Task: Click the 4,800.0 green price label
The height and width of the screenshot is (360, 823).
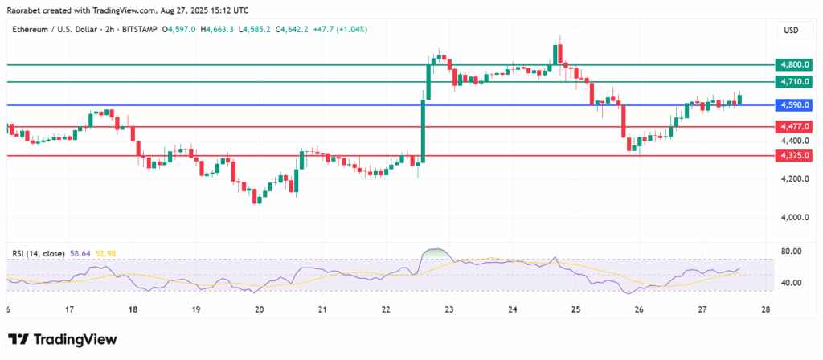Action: click(794, 65)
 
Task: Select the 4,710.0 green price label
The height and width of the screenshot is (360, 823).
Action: click(794, 81)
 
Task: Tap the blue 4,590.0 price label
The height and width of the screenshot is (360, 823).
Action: click(794, 105)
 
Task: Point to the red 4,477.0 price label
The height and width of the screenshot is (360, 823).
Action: click(794, 126)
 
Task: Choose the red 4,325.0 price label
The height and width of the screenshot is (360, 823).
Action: click(794, 155)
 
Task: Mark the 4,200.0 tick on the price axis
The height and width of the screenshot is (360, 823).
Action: click(794, 179)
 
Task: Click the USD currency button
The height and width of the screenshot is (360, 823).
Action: click(791, 31)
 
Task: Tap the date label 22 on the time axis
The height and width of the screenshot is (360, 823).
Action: click(386, 309)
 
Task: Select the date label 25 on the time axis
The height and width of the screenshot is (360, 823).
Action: click(575, 309)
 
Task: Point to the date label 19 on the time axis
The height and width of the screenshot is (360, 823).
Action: click(196, 309)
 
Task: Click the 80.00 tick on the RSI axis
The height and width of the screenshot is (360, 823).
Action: click(791, 251)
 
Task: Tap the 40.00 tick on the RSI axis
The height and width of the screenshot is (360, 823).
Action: click(791, 283)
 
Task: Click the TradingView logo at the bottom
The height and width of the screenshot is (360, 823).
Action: click(63, 340)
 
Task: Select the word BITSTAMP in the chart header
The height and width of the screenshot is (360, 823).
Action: click(140, 30)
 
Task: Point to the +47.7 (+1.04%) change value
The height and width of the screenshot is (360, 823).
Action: click(340, 30)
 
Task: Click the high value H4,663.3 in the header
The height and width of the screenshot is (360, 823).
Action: click(219, 30)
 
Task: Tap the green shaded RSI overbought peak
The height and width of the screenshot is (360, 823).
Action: click(436, 252)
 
